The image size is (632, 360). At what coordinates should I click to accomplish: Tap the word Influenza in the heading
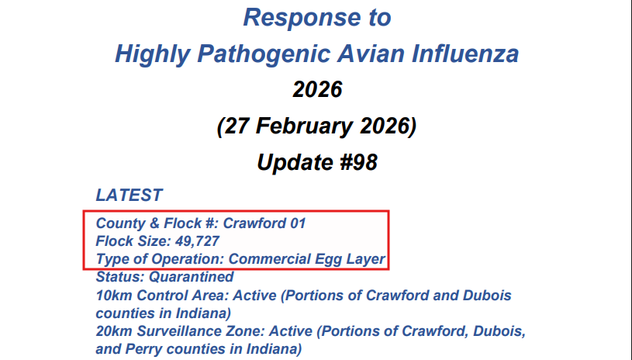click(465, 54)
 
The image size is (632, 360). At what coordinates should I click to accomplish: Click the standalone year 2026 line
click(317, 89)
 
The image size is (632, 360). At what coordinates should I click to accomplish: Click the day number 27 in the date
click(237, 126)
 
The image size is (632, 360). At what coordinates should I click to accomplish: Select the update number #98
click(359, 162)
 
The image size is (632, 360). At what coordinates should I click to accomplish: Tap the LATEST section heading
click(129, 195)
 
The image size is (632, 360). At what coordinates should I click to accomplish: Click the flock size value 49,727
click(198, 241)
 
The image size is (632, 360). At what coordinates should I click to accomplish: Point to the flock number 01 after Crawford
click(298, 223)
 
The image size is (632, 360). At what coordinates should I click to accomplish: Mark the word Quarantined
click(192, 277)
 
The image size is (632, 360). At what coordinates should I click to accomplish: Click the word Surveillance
click(175, 331)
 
